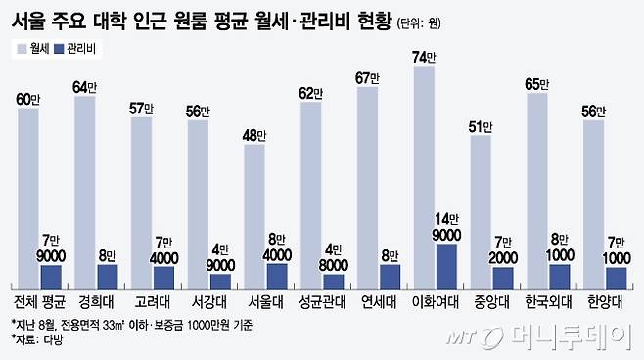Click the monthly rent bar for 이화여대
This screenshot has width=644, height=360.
coord(424,176)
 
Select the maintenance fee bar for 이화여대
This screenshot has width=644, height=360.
coord(446,264)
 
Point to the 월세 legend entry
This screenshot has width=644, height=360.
coord(34,47)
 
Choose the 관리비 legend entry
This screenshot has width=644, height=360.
coord(86,47)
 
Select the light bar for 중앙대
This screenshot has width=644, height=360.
coord(481,210)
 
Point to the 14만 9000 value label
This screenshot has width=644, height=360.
coord(446,227)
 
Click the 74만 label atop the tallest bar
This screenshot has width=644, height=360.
coord(425,59)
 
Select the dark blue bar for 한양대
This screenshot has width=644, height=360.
coord(616,275)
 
